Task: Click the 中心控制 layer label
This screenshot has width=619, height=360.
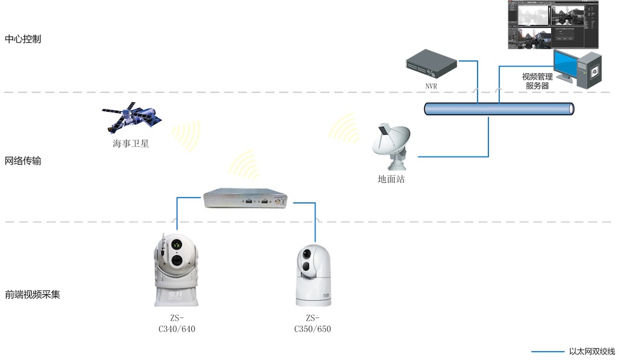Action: (x=23, y=39)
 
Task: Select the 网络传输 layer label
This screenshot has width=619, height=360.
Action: (x=23, y=161)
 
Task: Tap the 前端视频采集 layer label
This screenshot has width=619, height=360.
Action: (x=33, y=295)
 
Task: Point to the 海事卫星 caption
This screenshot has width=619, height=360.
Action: (x=131, y=144)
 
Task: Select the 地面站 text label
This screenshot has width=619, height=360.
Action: (x=391, y=179)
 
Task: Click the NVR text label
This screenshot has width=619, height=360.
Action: (x=431, y=86)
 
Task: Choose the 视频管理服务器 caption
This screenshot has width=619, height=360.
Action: (x=537, y=81)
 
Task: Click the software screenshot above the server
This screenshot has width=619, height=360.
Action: (x=553, y=25)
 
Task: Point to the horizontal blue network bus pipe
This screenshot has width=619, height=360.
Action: (x=499, y=109)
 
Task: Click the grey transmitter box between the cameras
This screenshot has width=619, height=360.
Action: (x=245, y=198)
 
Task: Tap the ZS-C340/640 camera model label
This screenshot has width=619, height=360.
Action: (x=177, y=324)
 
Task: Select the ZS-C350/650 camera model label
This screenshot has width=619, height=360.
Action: (x=313, y=324)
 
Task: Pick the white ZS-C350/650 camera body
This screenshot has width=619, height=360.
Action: (x=313, y=275)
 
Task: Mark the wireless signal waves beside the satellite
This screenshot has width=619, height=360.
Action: (x=184, y=136)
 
